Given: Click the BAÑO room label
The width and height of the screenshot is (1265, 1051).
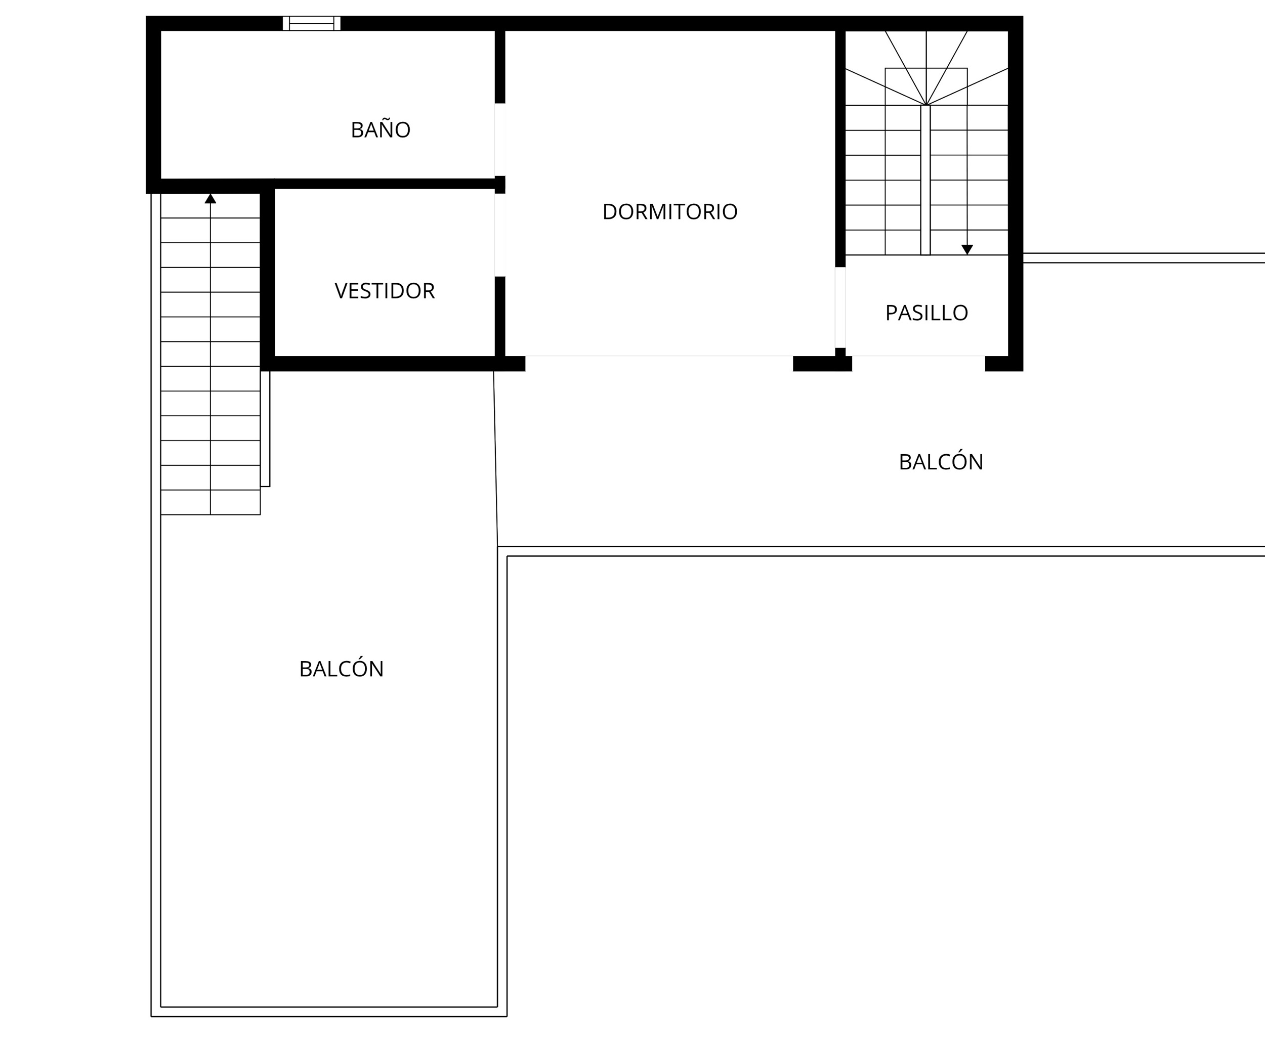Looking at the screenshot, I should pyautogui.click(x=380, y=130).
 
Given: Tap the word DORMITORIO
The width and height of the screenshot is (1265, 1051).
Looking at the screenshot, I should pyautogui.click(x=670, y=212).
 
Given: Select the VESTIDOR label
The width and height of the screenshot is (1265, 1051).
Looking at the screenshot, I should pyautogui.click(x=385, y=291).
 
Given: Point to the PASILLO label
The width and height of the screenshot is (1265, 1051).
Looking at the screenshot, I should pyautogui.click(x=926, y=313).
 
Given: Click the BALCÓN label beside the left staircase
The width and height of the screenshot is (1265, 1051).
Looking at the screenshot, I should pyautogui.click(x=341, y=669).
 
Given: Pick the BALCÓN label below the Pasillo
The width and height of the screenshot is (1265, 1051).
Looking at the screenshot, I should pyautogui.click(x=941, y=462).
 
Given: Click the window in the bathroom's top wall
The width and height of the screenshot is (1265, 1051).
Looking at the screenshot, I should pyautogui.click(x=311, y=23).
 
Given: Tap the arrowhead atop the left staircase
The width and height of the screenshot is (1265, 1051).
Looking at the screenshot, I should pyautogui.click(x=210, y=199).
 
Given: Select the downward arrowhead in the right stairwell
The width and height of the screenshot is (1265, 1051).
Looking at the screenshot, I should pyautogui.click(x=967, y=249).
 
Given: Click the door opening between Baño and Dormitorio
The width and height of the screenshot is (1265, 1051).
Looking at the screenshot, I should pyautogui.click(x=499, y=140).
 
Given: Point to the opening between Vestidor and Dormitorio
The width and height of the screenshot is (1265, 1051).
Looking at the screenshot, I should pyautogui.click(x=499, y=235).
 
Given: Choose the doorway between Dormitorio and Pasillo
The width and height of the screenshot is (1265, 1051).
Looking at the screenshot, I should pyautogui.click(x=840, y=307).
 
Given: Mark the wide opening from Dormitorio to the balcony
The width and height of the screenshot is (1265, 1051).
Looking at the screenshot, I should pyautogui.click(x=659, y=363).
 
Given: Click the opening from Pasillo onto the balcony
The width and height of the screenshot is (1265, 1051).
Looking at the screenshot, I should pyautogui.click(x=918, y=363).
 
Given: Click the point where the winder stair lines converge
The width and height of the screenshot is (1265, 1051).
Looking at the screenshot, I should pyautogui.click(x=926, y=105).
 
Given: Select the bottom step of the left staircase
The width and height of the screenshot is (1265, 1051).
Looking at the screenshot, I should pyautogui.click(x=210, y=502).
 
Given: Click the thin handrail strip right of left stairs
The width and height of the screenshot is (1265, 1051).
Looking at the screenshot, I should pyautogui.click(x=265, y=428).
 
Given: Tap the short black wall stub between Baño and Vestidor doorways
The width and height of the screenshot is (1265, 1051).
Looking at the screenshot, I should pyautogui.click(x=499, y=184).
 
